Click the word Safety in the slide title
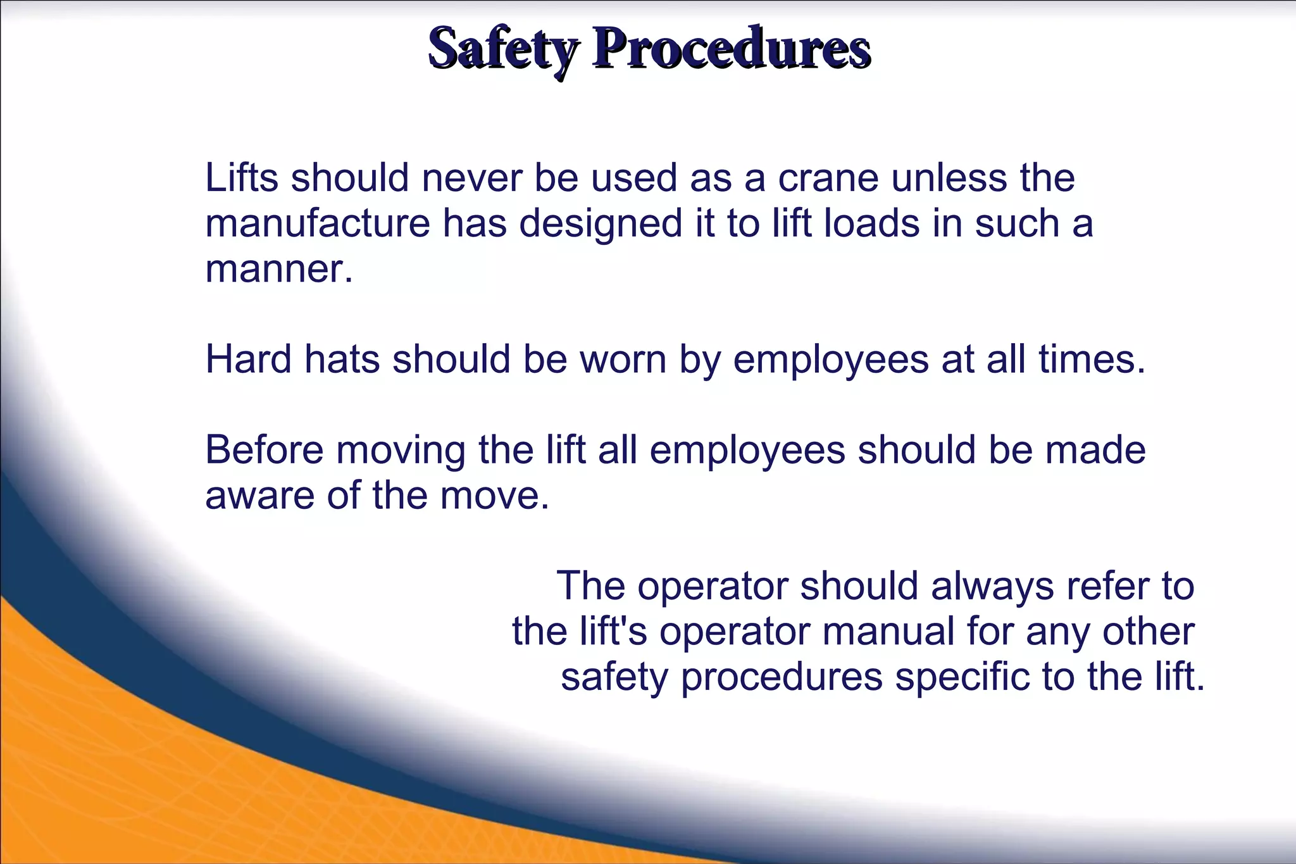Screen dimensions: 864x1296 [503, 49]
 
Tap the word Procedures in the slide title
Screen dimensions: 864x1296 [731, 49]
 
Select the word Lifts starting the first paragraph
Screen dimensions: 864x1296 [242, 178]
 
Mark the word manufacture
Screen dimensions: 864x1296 [317, 223]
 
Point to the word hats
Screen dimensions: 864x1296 [342, 360]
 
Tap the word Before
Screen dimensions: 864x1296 [264, 450]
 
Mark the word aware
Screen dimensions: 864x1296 [259, 496]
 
